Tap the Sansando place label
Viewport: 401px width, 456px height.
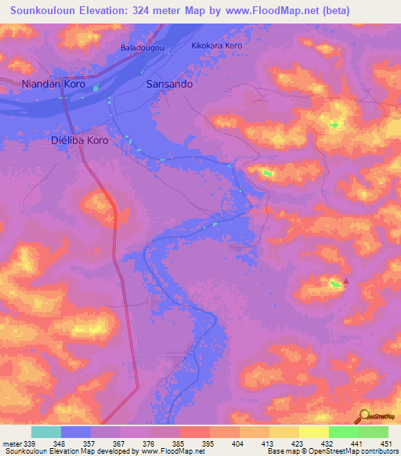170,83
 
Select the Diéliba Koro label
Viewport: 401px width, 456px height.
79,140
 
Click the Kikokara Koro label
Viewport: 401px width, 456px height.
217,46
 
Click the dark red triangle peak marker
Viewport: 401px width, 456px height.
347,280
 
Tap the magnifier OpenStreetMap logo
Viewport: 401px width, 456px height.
363,415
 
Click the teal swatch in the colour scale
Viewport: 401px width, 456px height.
46,432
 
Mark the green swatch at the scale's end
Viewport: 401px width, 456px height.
373,432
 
